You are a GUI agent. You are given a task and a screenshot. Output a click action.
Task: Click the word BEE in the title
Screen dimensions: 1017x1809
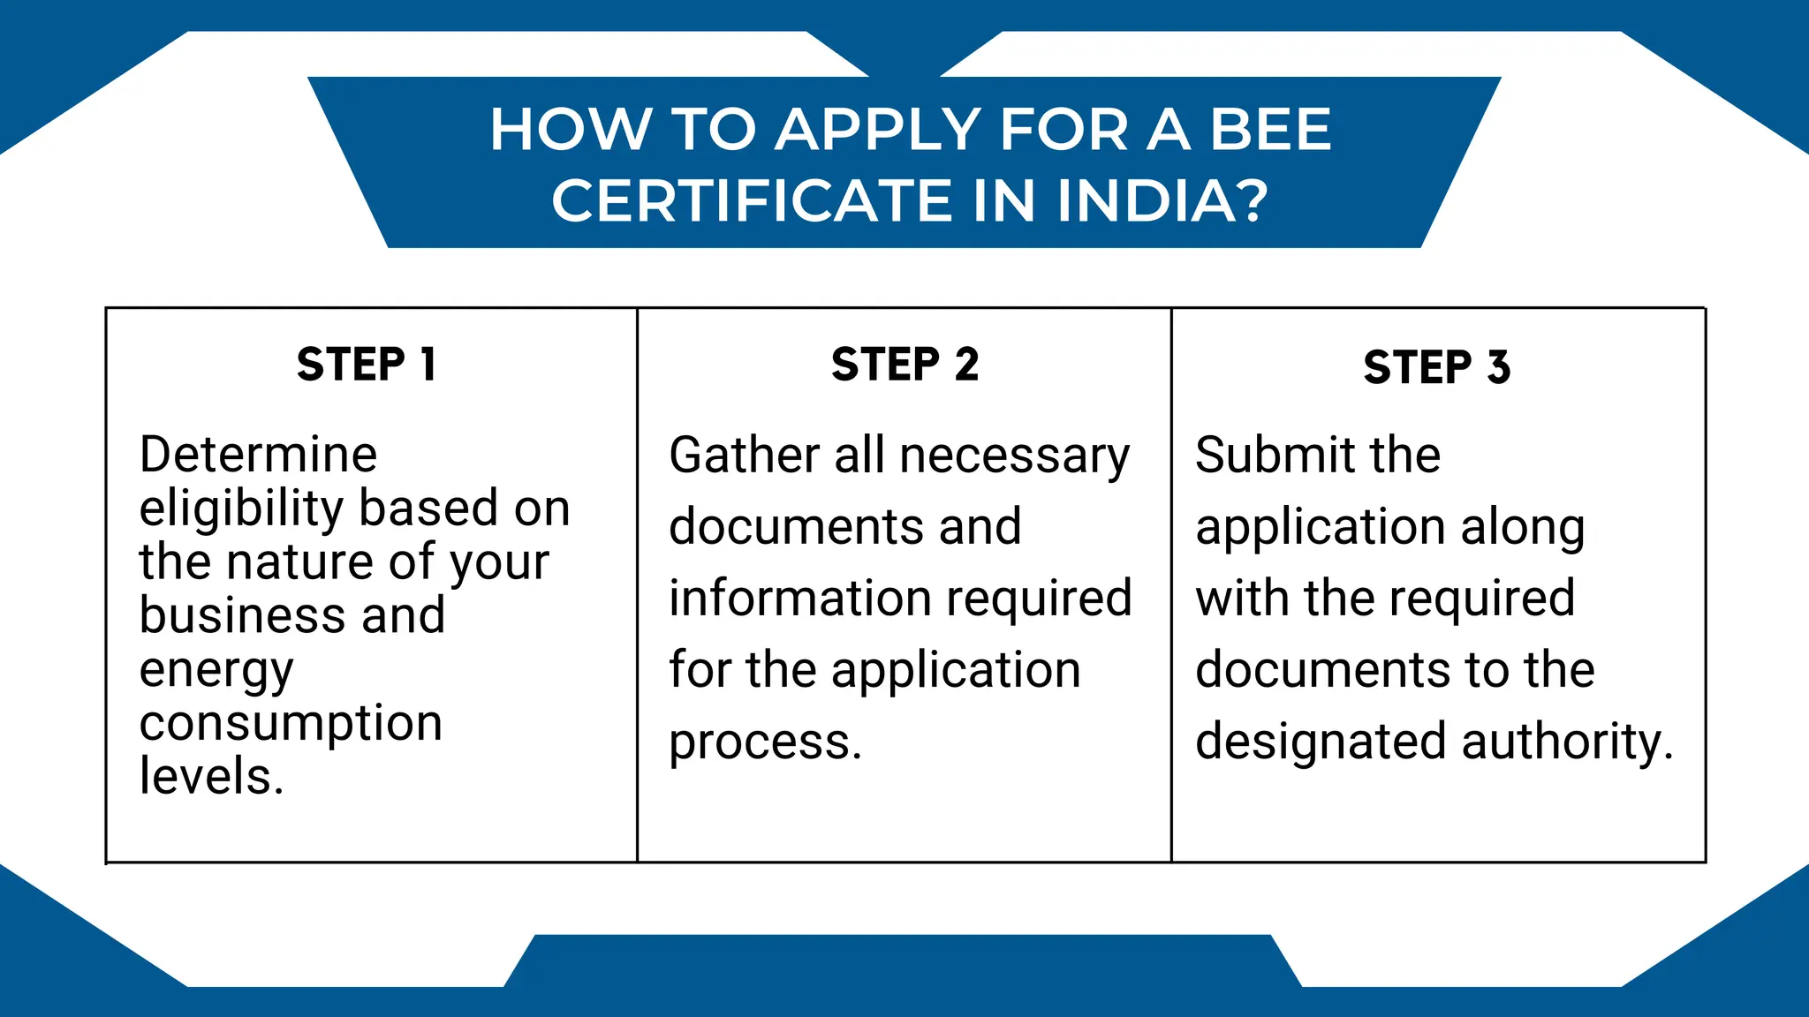tap(1270, 130)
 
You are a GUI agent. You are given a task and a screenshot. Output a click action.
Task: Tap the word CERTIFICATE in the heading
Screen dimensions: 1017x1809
tap(752, 200)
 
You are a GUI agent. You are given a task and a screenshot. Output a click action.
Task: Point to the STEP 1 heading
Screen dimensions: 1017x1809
tap(367, 365)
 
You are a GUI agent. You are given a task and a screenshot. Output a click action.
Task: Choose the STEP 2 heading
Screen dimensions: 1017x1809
tap(904, 365)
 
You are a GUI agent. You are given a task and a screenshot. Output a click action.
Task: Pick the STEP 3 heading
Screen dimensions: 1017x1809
tap(1436, 367)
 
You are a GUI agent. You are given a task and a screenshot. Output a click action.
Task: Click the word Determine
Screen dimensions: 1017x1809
tap(258, 455)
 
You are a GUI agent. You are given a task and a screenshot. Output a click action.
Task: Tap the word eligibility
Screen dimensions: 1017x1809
tap(241, 509)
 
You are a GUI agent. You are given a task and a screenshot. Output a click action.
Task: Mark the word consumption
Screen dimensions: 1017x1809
tap(291, 724)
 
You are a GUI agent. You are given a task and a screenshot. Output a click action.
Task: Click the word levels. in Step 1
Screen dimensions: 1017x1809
tap(211, 777)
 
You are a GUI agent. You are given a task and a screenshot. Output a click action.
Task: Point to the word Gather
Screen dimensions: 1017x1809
tap(744, 456)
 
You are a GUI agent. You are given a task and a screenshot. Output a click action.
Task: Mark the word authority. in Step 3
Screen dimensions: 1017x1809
tap(1568, 742)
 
